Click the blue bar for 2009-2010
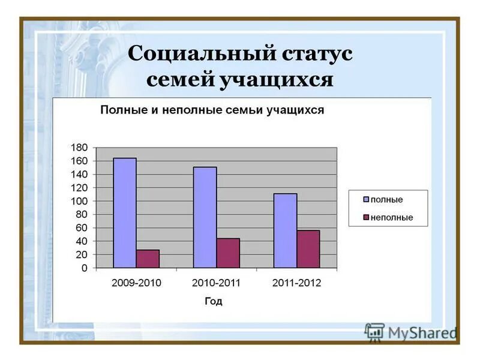click(x=125, y=212)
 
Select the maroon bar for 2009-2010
click(x=148, y=259)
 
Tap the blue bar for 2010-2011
click(x=205, y=217)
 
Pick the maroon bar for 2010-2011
click(x=228, y=253)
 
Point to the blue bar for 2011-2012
click(x=285, y=230)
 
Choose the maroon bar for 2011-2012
click(x=308, y=249)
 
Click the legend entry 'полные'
click(x=386, y=200)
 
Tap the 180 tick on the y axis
click(x=79, y=148)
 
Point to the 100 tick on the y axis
click(x=79, y=201)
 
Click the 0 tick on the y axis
click(x=85, y=268)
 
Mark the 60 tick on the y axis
click(x=82, y=228)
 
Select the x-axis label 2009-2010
click(x=136, y=283)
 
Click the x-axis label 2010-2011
click(x=216, y=283)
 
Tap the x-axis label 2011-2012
click(x=296, y=283)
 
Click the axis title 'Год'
click(x=213, y=301)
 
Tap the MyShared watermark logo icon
click(x=374, y=331)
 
